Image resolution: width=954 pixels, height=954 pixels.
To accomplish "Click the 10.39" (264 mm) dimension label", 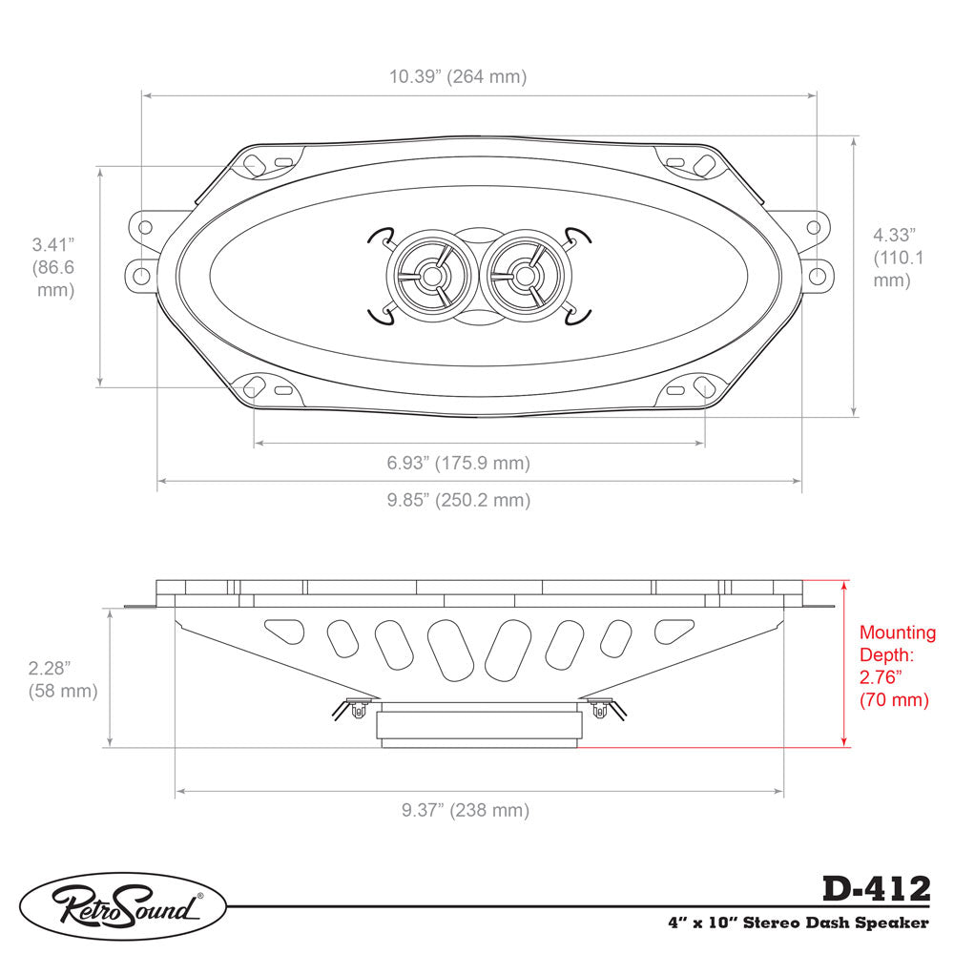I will pyautogui.click(x=457, y=76).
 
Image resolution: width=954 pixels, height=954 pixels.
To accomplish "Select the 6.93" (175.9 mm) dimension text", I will pyautogui.click(x=458, y=464).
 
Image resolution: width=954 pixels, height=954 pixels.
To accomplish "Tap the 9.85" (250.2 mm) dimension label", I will pyautogui.click(x=458, y=500).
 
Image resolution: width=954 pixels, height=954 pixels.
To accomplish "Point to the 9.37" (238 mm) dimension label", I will pyautogui.click(x=465, y=810).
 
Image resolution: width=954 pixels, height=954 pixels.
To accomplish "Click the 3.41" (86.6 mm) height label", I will pyautogui.click(x=52, y=267).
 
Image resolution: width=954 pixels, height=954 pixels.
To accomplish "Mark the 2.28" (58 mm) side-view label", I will pyautogui.click(x=63, y=678).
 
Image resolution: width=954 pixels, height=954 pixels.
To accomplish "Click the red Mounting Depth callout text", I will pyautogui.click(x=897, y=666).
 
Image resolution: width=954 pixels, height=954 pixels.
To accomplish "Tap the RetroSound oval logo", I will pyautogui.click(x=123, y=906).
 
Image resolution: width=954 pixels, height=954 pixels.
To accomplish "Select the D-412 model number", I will pyautogui.click(x=875, y=889).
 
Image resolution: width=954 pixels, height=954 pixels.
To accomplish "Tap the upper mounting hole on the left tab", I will pyautogui.click(x=145, y=227).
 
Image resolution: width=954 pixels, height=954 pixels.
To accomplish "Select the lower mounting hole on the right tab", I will pyautogui.click(x=818, y=276).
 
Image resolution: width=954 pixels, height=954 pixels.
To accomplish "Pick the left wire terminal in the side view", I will pyautogui.click(x=358, y=709).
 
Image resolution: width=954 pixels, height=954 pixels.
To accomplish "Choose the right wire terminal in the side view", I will pyautogui.click(x=599, y=709).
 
